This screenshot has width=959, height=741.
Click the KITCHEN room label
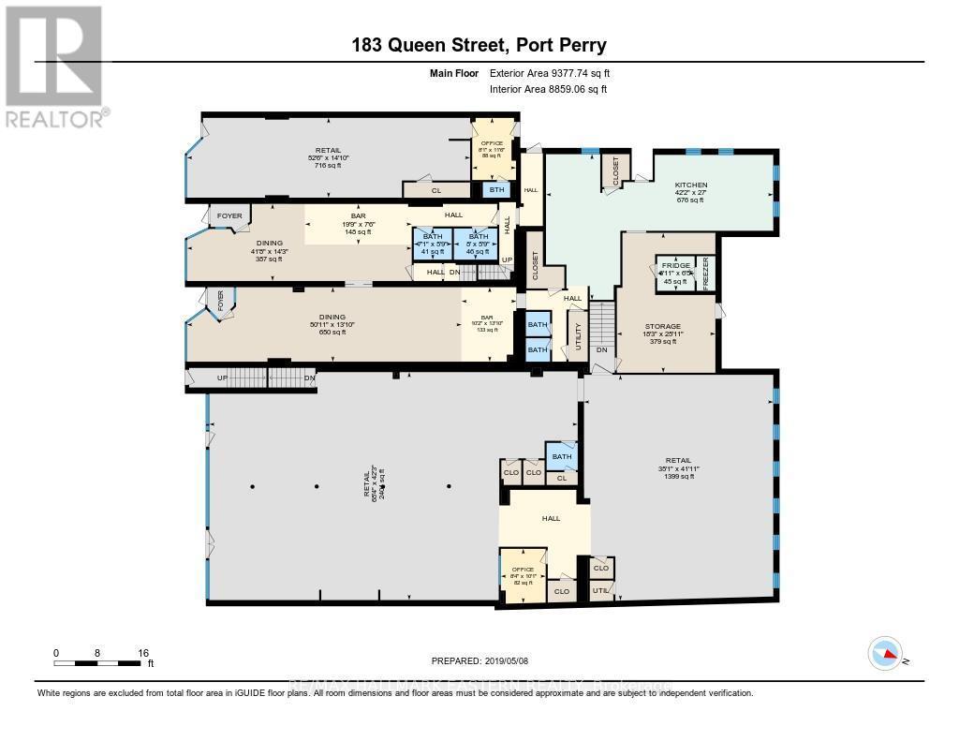(x=691, y=185)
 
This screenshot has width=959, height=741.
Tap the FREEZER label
(x=708, y=275)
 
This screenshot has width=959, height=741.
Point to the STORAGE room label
(x=662, y=327)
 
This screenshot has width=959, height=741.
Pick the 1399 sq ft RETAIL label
(x=678, y=461)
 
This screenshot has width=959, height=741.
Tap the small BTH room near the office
(x=496, y=189)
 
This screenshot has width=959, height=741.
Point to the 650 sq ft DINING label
(x=332, y=317)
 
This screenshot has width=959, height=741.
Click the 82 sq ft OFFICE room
(x=523, y=570)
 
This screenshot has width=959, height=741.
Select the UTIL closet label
(x=600, y=589)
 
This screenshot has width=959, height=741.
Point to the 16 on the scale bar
(x=144, y=652)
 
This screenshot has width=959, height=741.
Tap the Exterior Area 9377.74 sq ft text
(x=551, y=73)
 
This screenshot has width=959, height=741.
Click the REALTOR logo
(x=53, y=66)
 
